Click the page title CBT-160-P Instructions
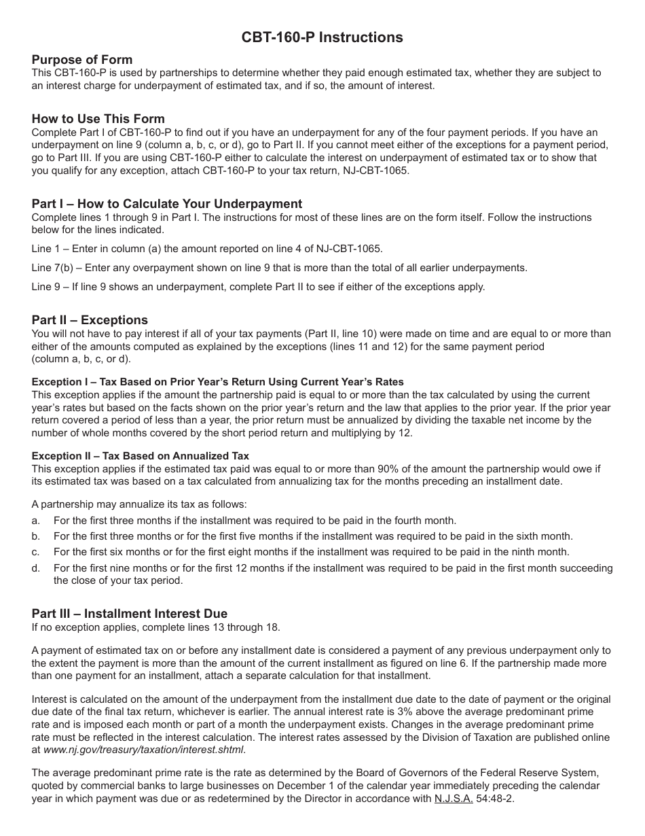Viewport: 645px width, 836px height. (322, 37)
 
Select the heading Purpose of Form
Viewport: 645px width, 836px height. (82, 60)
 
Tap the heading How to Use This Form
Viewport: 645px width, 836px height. (98, 119)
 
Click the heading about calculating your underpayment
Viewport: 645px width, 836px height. (166, 204)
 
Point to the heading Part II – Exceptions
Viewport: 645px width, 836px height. (90, 320)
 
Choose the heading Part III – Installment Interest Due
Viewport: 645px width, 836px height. (129, 614)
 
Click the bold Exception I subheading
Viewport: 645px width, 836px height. (217, 382)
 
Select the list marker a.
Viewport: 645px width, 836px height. (36, 521)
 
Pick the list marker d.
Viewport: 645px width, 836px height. (36, 568)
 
